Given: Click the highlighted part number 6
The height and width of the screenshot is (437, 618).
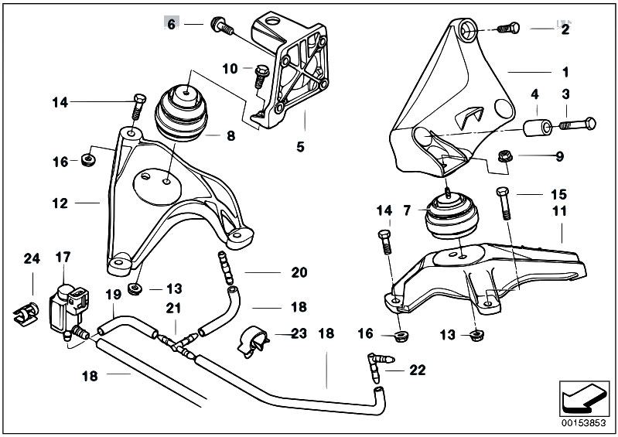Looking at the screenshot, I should pos(172,23).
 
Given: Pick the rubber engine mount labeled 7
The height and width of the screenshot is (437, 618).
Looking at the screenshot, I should pos(448,217).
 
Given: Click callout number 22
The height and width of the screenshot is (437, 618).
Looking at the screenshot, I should pos(417,370).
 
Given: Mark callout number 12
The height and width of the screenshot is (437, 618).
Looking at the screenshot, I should pos(60,204).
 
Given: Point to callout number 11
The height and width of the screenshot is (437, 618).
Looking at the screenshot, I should pos(560,210).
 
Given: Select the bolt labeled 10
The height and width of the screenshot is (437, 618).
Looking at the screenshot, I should pos(258,75).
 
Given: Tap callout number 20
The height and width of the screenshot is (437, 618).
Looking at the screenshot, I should pos(299,272).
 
